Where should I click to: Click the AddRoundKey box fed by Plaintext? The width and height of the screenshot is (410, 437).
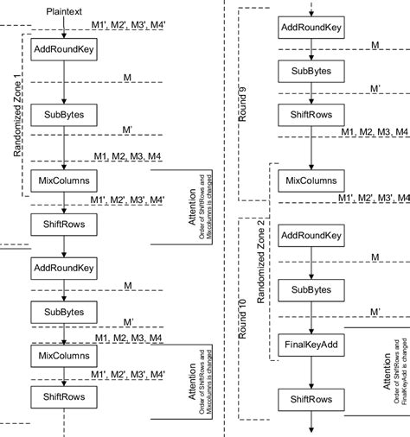65,50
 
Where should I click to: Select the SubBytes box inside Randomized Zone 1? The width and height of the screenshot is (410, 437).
65,114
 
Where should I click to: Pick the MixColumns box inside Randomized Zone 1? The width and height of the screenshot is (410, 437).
65,180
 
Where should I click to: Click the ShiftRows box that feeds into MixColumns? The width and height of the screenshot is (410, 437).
310,114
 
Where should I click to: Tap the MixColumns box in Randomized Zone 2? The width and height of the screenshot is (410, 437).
310,180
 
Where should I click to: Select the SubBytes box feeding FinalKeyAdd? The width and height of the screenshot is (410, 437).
310,289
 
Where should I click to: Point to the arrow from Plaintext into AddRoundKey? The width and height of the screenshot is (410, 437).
65,28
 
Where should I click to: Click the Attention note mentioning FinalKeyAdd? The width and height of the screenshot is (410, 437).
394,354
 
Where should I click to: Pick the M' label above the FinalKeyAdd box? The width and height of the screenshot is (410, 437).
375,310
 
